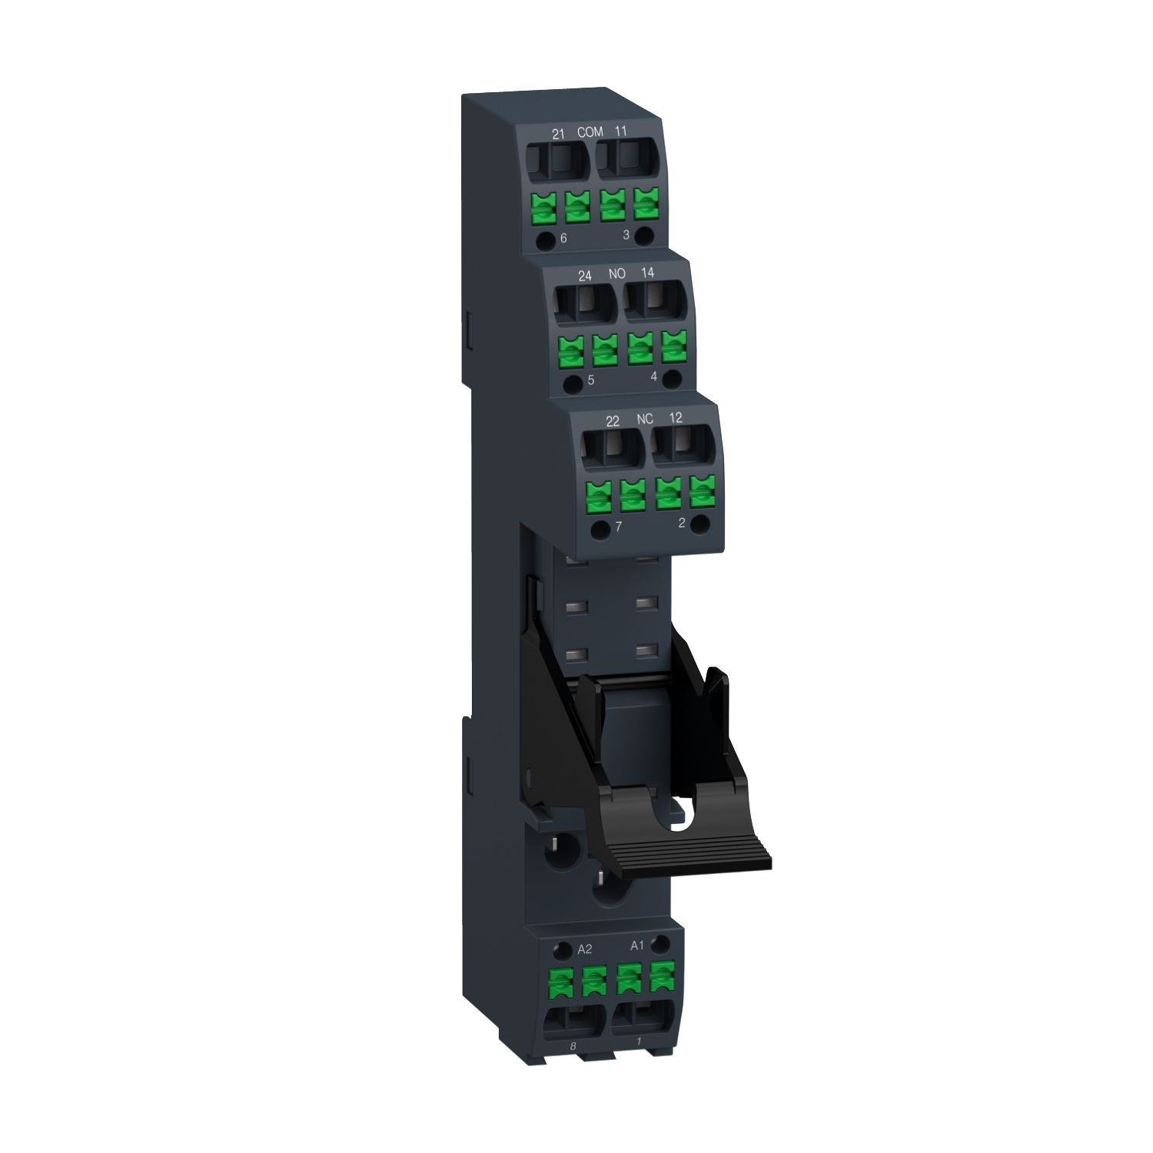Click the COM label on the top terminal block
tap(590, 132)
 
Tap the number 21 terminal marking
tap(559, 134)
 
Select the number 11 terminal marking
tap(621, 131)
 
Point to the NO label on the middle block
tap(617, 274)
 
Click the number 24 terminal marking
tap(585, 275)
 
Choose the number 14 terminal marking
tap(647, 273)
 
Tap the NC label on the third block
tap(645, 419)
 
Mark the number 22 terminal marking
tap(613, 420)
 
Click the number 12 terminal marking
tap(676, 417)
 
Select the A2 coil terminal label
tap(584, 949)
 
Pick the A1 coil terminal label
tap(637, 945)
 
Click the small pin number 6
tap(563, 238)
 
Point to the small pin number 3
tap(626, 234)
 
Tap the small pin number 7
tap(618, 527)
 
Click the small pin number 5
tap(590, 380)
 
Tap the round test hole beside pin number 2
tap(699, 524)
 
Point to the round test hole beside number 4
tap(672, 377)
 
